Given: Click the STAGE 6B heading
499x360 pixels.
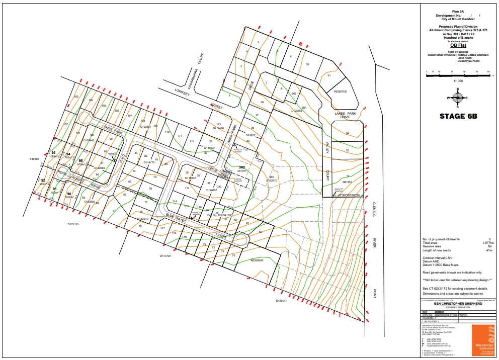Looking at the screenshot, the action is [458, 116].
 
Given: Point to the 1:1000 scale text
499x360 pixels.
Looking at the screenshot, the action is [458, 81].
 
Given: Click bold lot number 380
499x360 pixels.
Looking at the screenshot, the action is [241, 167].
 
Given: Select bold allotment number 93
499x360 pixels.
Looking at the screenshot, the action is [53, 152].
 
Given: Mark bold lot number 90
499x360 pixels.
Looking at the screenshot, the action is [69, 194].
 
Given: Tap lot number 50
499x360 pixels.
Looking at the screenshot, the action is [307, 64].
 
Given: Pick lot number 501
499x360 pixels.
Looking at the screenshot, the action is [304, 107].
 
